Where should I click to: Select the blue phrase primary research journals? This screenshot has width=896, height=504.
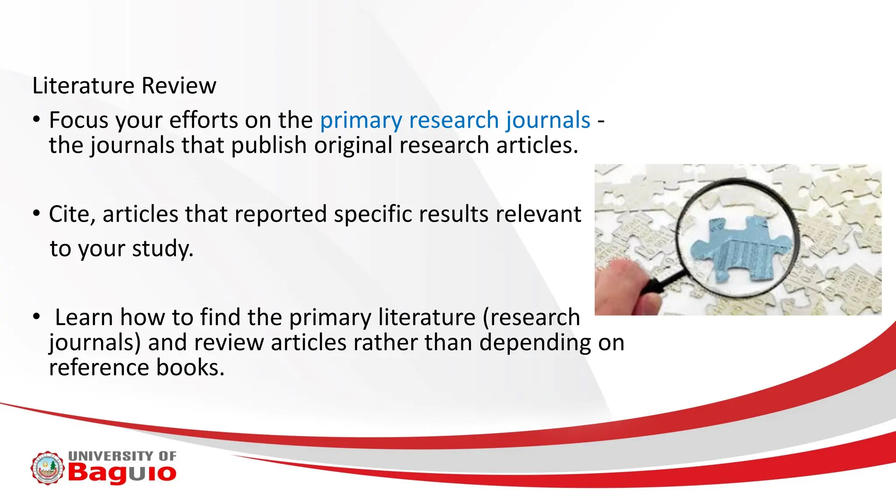pos(455,121)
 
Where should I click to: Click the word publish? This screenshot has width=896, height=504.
pos(269,145)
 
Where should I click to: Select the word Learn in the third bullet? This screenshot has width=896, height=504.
pos(84,317)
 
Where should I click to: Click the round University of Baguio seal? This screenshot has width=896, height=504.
pos(47,468)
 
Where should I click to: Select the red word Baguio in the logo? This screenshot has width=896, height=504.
pos(122,473)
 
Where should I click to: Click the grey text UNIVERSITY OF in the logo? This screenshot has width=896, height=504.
pos(122,456)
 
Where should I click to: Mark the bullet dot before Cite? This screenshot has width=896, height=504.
pos(37,214)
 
